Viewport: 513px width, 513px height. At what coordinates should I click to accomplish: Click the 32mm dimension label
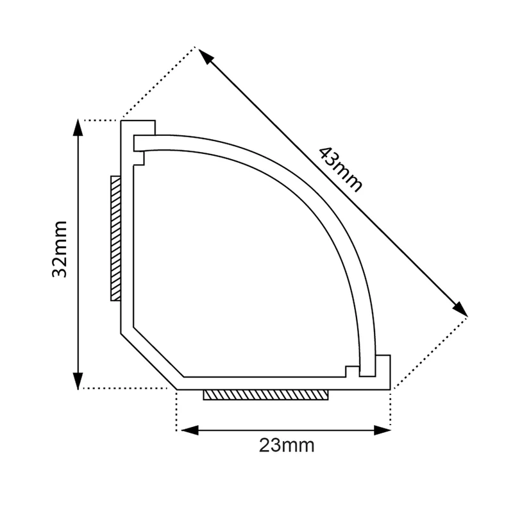[x=60, y=249]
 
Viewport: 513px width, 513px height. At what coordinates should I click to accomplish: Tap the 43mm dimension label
[x=341, y=169]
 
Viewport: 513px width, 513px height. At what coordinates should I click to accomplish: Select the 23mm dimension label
[x=287, y=445]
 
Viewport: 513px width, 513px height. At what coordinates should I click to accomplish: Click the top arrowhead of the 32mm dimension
[x=78, y=127]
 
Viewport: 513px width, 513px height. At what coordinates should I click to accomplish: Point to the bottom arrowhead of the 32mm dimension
[x=78, y=381]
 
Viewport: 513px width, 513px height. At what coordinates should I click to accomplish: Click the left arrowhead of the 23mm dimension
[x=190, y=430]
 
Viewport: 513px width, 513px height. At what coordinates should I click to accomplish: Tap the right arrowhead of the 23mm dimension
[x=382, y=430]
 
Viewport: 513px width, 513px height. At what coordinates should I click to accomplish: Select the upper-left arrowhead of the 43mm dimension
[x=206, y=56]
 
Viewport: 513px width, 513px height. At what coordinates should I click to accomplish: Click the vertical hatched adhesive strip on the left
[x=115, y=239]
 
